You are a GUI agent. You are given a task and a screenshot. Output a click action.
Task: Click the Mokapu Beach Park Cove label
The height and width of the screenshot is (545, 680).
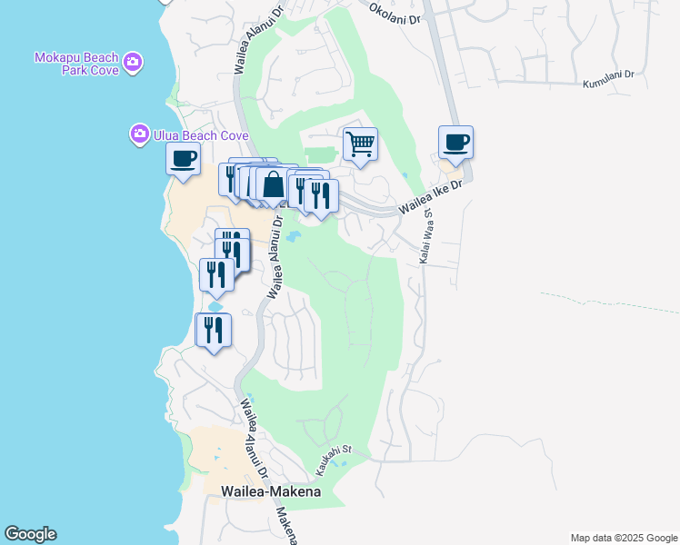click(77, 64)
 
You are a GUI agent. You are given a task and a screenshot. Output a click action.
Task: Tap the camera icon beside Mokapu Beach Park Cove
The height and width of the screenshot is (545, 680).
click(134, 62)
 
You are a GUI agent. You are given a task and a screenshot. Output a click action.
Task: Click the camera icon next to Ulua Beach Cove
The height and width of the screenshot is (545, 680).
click(139, 134)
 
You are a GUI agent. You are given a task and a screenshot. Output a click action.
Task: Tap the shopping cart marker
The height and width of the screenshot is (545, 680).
click(361, 143)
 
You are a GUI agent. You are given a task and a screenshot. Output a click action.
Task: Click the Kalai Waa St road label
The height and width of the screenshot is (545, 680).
click(425, 238)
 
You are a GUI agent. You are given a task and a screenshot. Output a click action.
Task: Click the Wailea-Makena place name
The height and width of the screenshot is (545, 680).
click(271, 491)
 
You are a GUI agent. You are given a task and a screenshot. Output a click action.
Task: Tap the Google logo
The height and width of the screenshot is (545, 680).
click(30, 534)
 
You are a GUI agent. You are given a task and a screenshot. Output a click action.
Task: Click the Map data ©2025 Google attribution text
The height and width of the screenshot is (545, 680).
click(623, 538)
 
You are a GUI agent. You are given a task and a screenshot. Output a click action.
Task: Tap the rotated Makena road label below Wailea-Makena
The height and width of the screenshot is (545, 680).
click(286, 524)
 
